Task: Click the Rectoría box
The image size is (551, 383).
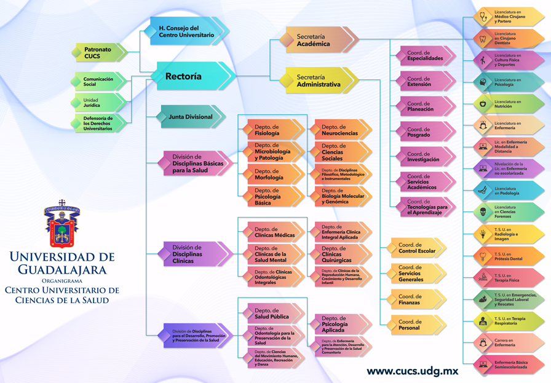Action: [x=188, y=77]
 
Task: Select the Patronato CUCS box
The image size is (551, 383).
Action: [x=98, y=52]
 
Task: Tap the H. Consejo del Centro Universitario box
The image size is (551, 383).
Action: [x=188, y=32]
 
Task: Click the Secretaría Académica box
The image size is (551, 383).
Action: [x=317, y=41]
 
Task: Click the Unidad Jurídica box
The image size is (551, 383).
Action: [x=98, y=103]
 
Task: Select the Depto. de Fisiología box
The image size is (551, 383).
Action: [x=271, y=130]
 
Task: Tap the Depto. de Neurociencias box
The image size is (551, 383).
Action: [x=341, y=130]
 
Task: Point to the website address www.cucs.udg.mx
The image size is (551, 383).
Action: [x=412, y=371]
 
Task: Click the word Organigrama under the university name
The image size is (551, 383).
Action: [x=61, y=280]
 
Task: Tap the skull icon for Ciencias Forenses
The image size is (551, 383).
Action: [x=485, y=213]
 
